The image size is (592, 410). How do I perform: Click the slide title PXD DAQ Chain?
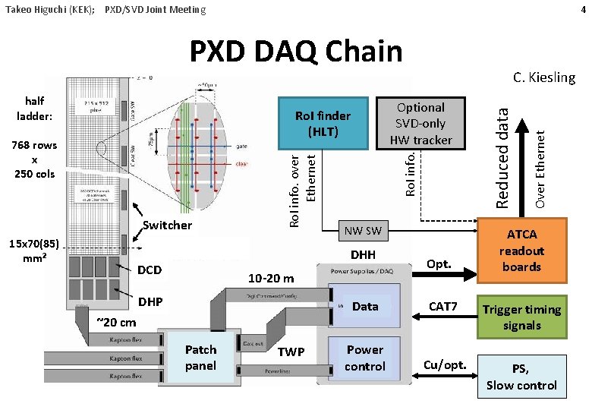(x=295, y=52)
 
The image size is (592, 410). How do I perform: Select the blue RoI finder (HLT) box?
(x=323, y=123)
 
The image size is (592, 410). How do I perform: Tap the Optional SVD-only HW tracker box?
(x=420, y=123)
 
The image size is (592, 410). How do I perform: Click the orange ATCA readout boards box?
(x=521, y=251)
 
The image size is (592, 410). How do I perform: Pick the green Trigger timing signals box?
(x=521, y=317)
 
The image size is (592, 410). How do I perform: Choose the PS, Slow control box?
(x=521, y=377)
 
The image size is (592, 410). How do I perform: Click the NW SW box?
(x=363, y=231)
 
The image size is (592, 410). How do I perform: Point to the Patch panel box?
(x=200, y=358)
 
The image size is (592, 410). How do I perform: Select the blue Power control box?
(x=365, y=358)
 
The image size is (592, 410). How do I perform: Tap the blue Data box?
(x=365, y=307)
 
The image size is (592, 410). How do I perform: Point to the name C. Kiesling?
(x=543, y=77)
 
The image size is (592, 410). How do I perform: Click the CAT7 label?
(x=443, y=307)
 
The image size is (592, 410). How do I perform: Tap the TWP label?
(x=291, y=352)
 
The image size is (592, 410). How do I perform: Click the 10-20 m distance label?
(x=271, y=278)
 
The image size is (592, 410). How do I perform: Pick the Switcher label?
(x=167, y=225)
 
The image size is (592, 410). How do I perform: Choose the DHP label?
(x=150, y=301)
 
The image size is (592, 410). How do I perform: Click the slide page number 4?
(x=582, y=9)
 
